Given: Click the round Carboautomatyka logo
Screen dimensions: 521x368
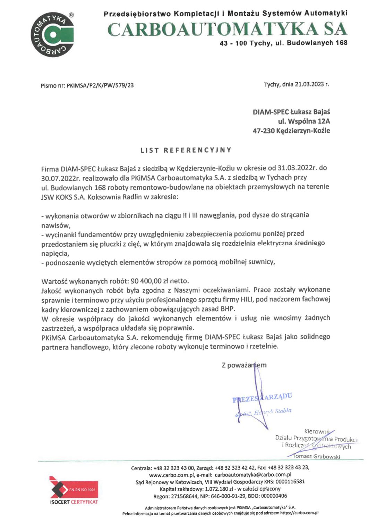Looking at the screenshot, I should (x=52, y=34).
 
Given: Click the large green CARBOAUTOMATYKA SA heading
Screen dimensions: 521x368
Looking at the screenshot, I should (x=227, y=29).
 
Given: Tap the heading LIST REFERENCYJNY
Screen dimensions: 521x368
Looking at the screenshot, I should (x=186, y=150).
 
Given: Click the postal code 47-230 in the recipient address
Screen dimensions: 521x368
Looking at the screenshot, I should (x=264, y=131).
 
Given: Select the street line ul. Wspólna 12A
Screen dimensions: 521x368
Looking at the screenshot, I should (x=304, y=121).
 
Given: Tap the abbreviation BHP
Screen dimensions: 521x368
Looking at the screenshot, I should (x=228, y=309).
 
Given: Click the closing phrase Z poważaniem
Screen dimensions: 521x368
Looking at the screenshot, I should (x=244, y=365).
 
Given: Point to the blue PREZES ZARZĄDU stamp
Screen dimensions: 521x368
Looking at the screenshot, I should (x=262, y=398).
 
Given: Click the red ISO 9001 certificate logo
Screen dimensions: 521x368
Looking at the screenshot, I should (x=74, y=490).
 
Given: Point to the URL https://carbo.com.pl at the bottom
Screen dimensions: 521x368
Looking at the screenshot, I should (x=299, y=513).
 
